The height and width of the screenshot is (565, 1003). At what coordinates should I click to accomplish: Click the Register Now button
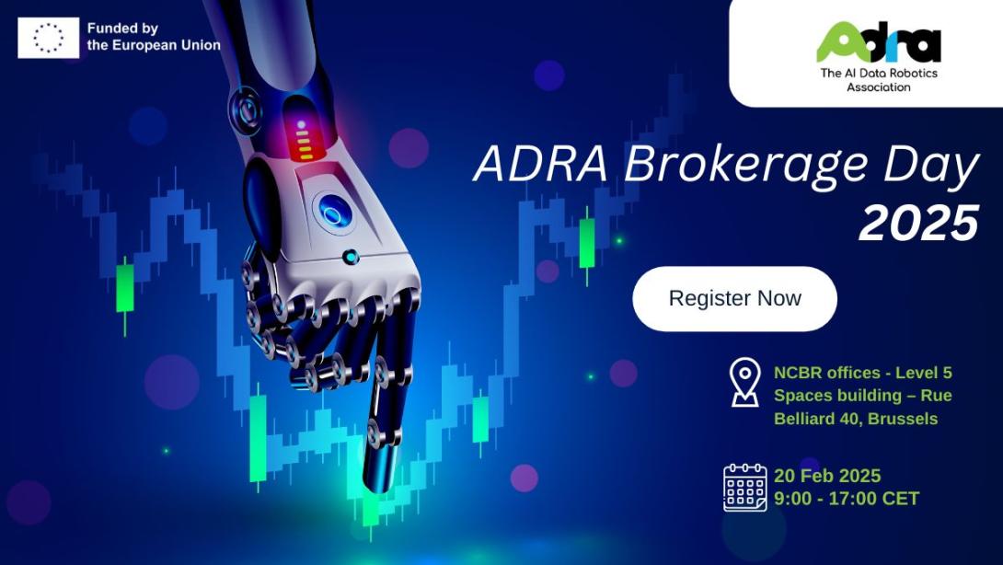[x=734, y=298]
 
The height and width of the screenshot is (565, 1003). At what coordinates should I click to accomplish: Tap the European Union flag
[x=48, y=38]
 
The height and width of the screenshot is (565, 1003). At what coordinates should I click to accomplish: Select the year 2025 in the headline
[x=917, y=224]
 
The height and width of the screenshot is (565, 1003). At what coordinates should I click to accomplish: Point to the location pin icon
[x=744, y=382]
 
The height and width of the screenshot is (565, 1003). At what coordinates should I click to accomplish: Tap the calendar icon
[x=744, y=487]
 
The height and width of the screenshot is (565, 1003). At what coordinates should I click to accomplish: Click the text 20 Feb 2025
[x=827, y=476]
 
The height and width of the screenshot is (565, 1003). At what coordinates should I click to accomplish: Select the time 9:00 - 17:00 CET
[x=846, y=499]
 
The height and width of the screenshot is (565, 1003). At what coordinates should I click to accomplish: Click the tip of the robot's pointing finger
[x=378, y=482]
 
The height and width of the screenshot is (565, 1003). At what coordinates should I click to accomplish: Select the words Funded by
[x=123, y=29]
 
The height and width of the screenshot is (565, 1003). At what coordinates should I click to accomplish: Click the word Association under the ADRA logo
[x=878, y=87]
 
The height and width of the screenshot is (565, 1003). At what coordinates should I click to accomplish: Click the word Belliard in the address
[x=806, y=419]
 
